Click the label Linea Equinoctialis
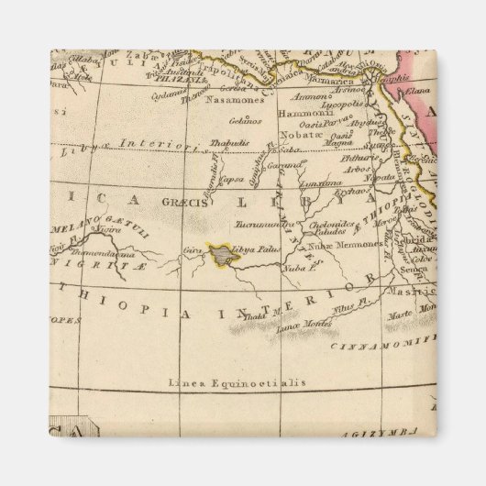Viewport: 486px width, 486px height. click(x=236, y=381)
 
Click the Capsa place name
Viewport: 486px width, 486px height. click(x=218, y=180)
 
